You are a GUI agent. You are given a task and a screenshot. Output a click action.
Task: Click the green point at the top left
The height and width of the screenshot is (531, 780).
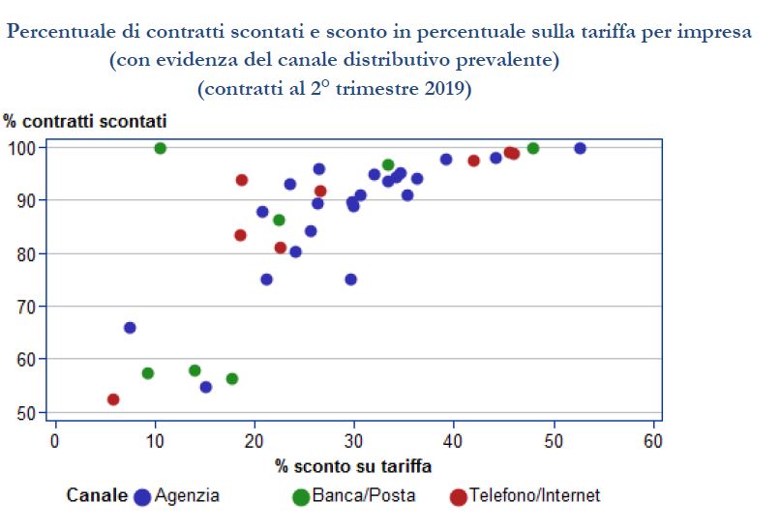click(x=161, y=148)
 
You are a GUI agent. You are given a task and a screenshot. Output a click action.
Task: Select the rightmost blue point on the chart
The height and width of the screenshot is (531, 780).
click(x=580, y=148)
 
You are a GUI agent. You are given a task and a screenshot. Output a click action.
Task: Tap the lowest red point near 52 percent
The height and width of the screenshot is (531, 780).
click(x=113, y=399)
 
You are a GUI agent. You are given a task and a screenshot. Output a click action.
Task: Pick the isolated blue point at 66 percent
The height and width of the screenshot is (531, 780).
click(x=130, y=328)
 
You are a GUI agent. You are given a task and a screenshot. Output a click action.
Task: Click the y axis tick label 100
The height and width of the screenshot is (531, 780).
click(x=23, y=148)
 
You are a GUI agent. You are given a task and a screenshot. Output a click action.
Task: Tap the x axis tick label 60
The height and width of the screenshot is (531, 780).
click(x=654, y=441)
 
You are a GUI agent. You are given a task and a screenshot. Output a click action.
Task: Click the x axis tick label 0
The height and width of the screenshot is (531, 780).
click(x=55, y=441)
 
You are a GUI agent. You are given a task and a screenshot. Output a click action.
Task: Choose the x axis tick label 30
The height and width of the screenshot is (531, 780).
click(x=354, y=441)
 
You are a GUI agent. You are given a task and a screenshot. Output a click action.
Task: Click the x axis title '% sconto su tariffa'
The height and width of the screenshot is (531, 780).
click(x=353, y=466)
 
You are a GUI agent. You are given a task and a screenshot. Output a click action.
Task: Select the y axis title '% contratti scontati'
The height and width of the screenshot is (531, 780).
click(x=85, y=122)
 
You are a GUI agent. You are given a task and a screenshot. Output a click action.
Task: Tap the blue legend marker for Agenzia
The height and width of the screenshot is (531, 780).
click(x=143, y=497)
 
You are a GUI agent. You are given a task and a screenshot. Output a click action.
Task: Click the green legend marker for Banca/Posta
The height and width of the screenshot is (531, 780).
click(x=301, y=497)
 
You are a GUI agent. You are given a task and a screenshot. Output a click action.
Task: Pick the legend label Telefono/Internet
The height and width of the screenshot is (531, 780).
click(x=534, y=496)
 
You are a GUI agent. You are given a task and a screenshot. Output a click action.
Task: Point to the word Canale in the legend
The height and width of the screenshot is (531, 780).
click(x=97, y=496)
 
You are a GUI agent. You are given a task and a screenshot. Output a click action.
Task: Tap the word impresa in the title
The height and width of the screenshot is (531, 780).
click(x=717, y=32)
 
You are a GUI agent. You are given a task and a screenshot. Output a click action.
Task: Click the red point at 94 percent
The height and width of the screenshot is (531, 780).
click(x=242, y=180)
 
